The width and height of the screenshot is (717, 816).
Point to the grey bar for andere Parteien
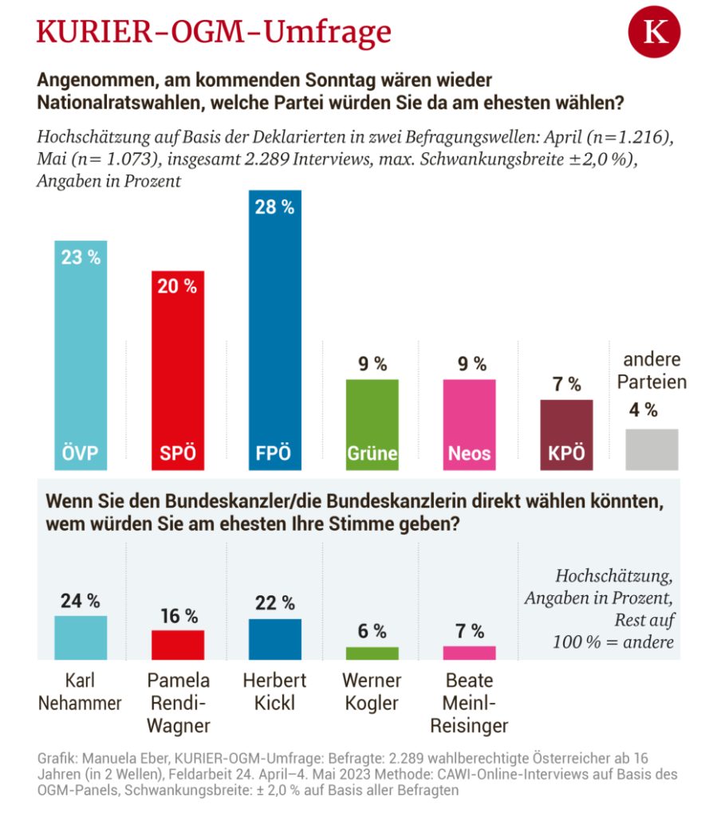(652, 449)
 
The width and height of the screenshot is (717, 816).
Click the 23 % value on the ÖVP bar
(81, 257)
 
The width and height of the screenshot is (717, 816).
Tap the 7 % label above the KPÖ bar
(566, 385)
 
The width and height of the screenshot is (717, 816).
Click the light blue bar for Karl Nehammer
(81, 637)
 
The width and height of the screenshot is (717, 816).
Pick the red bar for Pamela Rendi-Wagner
(178, 645)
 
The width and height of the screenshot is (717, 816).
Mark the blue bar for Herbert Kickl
(275, 639)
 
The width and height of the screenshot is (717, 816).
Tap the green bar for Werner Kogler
(372, 653)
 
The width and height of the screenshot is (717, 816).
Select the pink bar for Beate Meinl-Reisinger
(469, 653)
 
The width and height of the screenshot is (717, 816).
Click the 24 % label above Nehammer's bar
(81, 601)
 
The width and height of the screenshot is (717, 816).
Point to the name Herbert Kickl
(275, 692)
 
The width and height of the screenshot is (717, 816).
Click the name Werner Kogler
(372, 692)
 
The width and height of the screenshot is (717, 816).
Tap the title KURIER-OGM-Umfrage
(215, 32)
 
